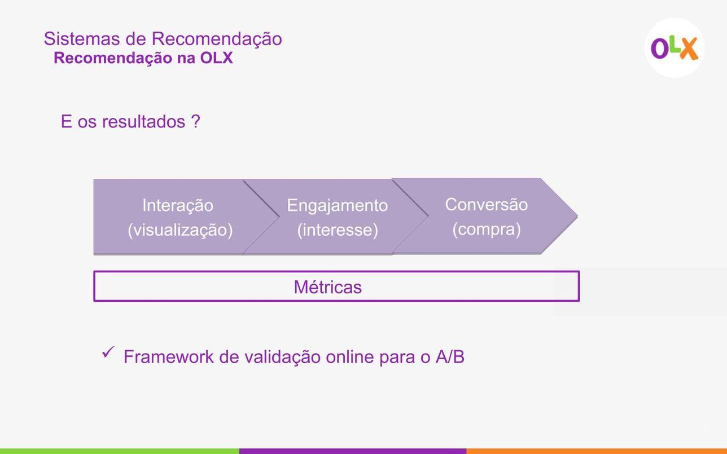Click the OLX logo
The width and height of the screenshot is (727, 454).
coord(675,48)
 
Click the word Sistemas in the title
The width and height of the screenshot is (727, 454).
coord(82,38)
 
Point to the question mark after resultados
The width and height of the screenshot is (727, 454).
coord(195,121)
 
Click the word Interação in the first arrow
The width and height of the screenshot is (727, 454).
coord(178,205)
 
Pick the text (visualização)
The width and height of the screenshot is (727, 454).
coord(180,230)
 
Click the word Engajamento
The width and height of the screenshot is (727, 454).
coord(337,206)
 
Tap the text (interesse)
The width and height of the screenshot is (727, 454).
coord(338,230)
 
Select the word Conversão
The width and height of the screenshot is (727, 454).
coord(486,205)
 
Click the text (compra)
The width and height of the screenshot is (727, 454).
coord(487,230)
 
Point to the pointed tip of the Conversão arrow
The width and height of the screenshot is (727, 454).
coord(577,216)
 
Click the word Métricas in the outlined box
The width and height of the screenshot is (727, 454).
coord(327,287)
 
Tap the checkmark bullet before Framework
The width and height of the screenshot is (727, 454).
coord(108,352)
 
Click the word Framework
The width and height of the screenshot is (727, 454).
coord(169,356)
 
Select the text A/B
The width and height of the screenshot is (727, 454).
coord(450,356)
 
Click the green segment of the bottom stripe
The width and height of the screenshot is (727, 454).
coord(120,451)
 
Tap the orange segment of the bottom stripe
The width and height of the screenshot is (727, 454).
coord(597,451)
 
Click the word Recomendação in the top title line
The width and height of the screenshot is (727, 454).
coord(217,39)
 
